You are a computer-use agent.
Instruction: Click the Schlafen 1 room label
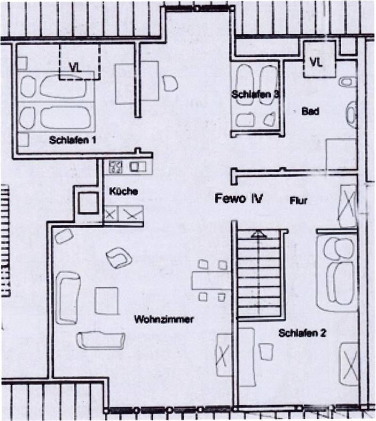[x=73, y=140]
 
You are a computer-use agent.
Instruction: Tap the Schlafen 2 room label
[x=302, y=333]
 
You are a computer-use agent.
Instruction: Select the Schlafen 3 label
[x=255, y=94]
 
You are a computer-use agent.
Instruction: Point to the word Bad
[x=310, y=111]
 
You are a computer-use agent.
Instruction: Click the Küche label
[x=124, y=191]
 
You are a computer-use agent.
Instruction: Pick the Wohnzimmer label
[x=164, y=319]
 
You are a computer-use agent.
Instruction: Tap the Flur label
[x=298, y=200]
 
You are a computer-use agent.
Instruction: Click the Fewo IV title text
[x=239, y=198]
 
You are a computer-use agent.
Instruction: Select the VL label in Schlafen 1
[x=75, y=68]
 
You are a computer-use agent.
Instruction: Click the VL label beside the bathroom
[x=316, y=62]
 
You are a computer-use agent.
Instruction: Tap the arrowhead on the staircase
[x=258, y=234]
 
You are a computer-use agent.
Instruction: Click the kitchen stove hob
[x=116, y=167]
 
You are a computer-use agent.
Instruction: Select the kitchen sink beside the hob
[x=138, y=167]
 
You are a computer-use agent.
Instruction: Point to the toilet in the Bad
[x=348, y=82]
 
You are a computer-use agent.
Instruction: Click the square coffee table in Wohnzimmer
[x=107, y=300]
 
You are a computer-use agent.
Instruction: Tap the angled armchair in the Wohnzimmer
[x=119, y=258]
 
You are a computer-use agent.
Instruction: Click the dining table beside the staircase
[x=211, y=280]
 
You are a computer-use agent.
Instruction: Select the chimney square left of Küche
[x=88, y=203]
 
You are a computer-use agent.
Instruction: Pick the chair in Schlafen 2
[x=266, y=352]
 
